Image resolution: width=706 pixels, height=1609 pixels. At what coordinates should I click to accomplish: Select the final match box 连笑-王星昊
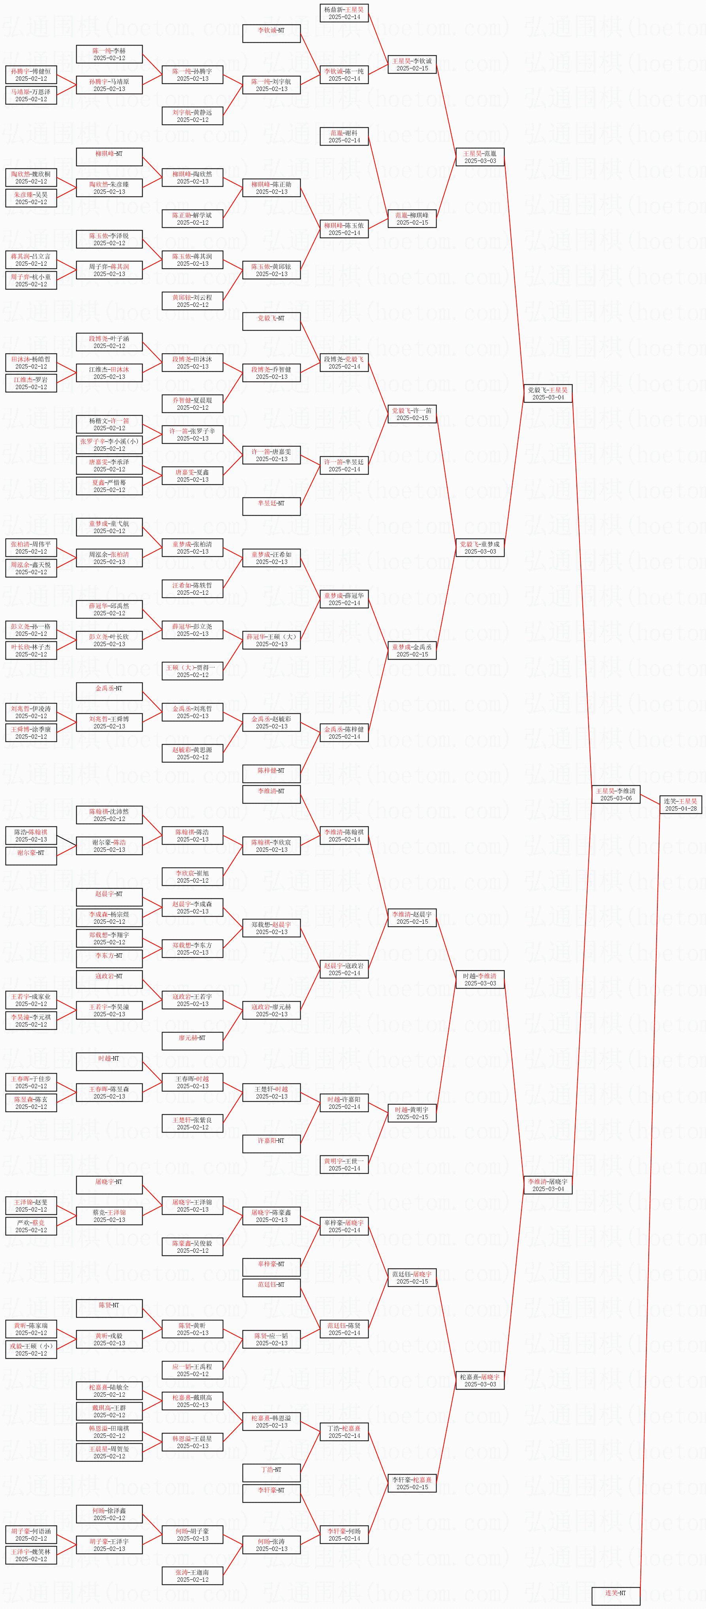pos(680,804)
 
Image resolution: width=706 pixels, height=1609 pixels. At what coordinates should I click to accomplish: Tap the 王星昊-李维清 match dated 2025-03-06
pos(616,794)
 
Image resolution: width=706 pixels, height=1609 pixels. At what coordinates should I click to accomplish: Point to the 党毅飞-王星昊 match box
pos(548,393)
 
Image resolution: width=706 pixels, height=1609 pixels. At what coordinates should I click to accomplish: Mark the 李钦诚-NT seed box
pos(271,34)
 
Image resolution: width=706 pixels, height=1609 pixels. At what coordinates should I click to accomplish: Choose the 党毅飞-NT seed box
pos(271,321)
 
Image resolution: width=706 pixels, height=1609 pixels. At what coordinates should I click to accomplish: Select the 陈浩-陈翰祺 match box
pos(31,836)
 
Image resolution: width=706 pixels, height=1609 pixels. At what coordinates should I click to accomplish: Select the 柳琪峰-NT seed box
pos(109,157)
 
